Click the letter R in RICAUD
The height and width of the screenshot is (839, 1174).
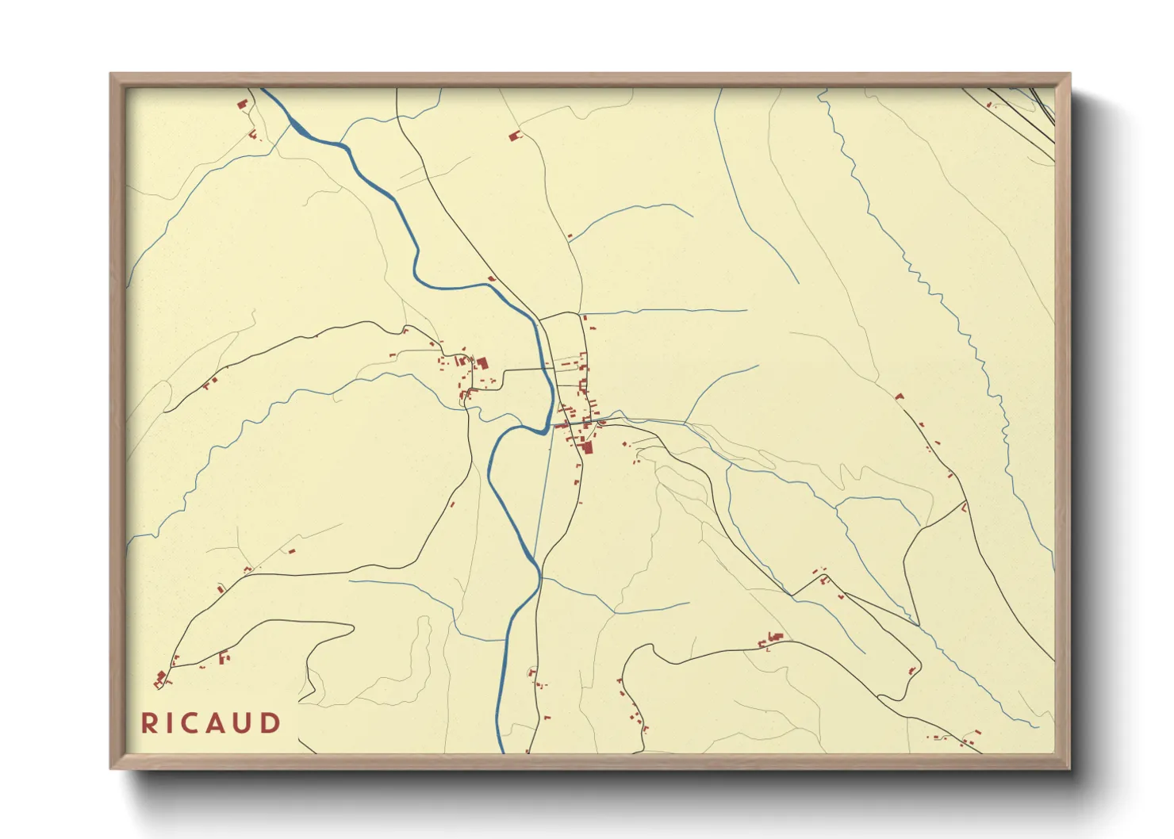pyautogui.click(x=148, y=723)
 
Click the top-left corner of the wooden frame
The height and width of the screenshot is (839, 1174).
pyautogui.click(x=111, y=75)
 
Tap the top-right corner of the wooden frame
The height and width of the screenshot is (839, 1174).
pyautogui.click(x=1069, y=75)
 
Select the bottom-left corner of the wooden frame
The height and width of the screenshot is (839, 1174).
pyautogui.click(x=111, y=768)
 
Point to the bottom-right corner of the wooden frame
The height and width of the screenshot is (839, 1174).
pyautogui.click(x=1069, y=768)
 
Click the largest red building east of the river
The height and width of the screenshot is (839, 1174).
pyautogui.click(x=588, y=447)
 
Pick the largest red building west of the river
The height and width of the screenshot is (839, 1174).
pyautogui.click(x=481, y=363)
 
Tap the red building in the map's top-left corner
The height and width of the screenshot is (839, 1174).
pyautogui.click(x=242, y=104)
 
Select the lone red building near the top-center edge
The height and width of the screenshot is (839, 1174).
pyautogui.click(x=514, y=136)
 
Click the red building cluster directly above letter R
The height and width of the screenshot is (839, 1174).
pyautogui.click(x=161, y=678)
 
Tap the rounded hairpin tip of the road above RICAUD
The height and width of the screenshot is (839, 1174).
pyautogui.click(x=351, y=627)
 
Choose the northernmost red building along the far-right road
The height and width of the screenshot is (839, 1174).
pyautogui.click(x=900, y=397)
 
